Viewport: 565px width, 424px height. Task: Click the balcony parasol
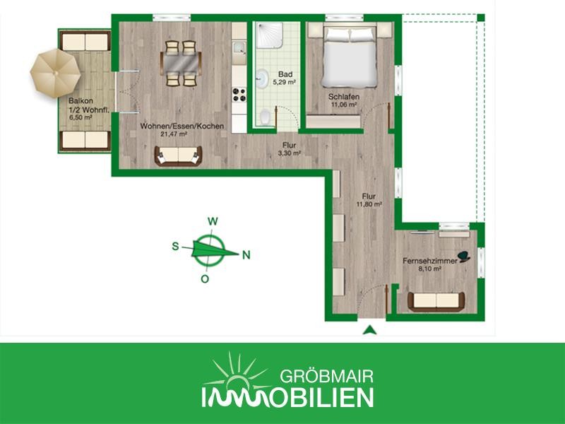[55, 73]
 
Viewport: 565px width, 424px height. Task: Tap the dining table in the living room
[181, 64]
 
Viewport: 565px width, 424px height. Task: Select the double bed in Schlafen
[350, 56]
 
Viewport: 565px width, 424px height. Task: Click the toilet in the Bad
[266, 117]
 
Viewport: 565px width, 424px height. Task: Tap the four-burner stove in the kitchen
[239, 95]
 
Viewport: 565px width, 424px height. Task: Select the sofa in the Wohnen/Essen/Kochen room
[178, 155]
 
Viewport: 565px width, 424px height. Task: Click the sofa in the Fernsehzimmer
[436, 302]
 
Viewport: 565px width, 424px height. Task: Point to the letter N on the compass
[246, 255]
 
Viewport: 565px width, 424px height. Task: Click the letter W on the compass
[213, 221]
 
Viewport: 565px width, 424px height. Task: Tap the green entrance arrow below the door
[369, 329]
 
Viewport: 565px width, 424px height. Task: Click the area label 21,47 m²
[174, 134]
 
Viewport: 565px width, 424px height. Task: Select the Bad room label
[285, 74]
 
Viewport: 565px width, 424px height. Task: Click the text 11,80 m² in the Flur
[369, 204]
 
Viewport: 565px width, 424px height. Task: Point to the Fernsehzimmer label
[430, 261]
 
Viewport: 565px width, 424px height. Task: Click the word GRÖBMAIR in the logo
[326, 377]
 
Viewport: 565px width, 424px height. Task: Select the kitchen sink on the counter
[239, 48]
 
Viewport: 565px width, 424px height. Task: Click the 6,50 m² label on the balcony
[81, 117]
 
